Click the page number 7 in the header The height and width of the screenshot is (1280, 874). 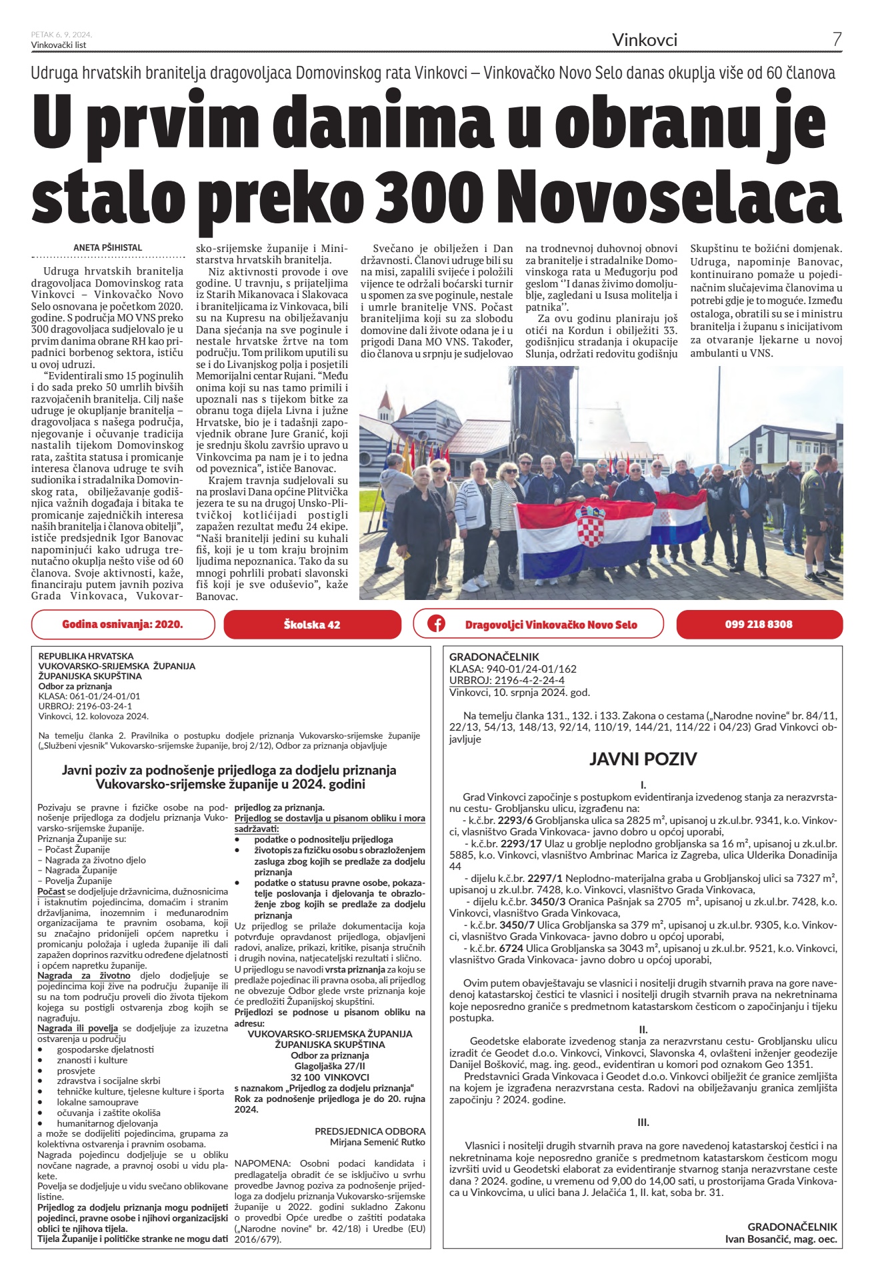(837, 39)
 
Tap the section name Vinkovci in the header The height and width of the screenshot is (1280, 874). (645, 40)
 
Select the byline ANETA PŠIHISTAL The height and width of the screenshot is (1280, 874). (107, 247)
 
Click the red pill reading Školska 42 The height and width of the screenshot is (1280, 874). (312, 625)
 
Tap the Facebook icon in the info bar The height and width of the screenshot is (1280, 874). (437, 625)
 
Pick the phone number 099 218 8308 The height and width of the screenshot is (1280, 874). (759, 625)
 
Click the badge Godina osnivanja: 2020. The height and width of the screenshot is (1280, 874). (123, 625)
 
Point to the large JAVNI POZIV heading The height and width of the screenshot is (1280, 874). (643, 759)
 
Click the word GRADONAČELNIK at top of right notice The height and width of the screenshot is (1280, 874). (494, 657)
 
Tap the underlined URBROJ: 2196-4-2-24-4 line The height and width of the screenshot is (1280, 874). (507, 680)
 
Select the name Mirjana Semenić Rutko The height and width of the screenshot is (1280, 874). (377, 1142)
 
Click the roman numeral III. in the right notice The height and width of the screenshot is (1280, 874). (643, 1122)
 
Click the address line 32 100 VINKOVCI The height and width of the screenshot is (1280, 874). (329, 1077)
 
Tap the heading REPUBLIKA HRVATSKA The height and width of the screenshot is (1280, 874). (86, 656)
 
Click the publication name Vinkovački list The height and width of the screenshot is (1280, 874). (59, 45)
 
